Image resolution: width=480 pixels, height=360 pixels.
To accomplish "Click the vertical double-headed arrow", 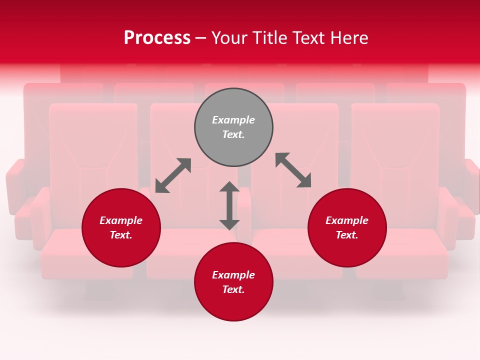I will point(229,205).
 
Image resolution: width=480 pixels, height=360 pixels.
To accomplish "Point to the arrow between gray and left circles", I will point(173,175).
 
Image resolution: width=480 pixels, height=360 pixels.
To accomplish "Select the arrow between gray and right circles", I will point(293,170).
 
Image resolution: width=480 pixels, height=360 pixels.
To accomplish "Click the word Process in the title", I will point(157,38).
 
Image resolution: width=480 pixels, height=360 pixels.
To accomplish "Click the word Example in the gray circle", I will point(233,120).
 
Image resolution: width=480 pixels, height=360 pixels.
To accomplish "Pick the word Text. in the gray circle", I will point(233,134).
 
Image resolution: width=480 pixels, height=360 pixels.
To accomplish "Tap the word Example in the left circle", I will point(121,220).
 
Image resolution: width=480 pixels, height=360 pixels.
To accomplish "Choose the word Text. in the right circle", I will point(347,235).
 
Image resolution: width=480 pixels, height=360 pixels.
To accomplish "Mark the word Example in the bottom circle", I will point(233,275).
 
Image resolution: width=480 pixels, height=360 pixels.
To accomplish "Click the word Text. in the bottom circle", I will point(233,289).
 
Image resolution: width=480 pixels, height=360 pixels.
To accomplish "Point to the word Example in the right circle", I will point(347,220).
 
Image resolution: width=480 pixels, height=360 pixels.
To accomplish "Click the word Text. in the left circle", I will point(121,235).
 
